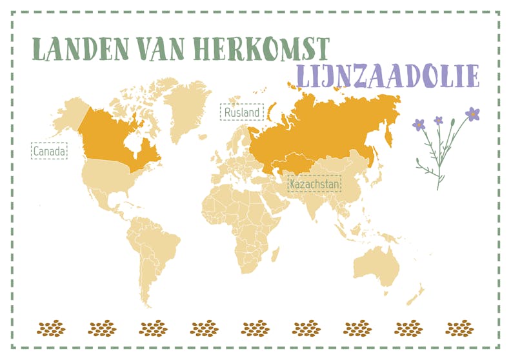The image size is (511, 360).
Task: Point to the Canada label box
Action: (x=49, y=152)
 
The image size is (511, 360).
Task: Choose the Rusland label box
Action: (x=242, y=113)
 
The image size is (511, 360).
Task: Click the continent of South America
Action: (x=155, y=252)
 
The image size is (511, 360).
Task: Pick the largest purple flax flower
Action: (x=472, y=114)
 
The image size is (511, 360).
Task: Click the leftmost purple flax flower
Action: (x=419, y=124)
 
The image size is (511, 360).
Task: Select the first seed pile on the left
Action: (x=52, y=328)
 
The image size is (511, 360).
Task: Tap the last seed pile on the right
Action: (x=459, y=328)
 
